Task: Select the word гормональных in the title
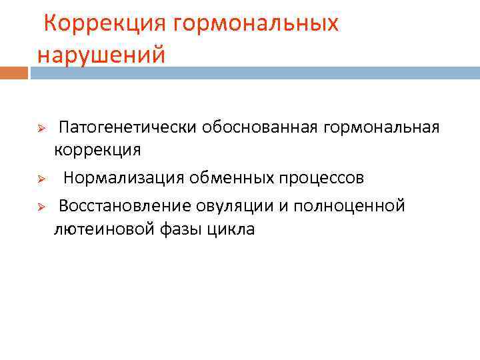click(x=256, y=23)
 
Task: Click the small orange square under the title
click(x=14, y=72)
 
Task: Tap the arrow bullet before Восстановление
click(x=40, y=207)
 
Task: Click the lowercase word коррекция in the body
click(x=97, y=149)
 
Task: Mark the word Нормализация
click(x=125, y=178)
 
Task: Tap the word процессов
click(x=323, y=178)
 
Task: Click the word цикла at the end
click(x=231, y=229)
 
